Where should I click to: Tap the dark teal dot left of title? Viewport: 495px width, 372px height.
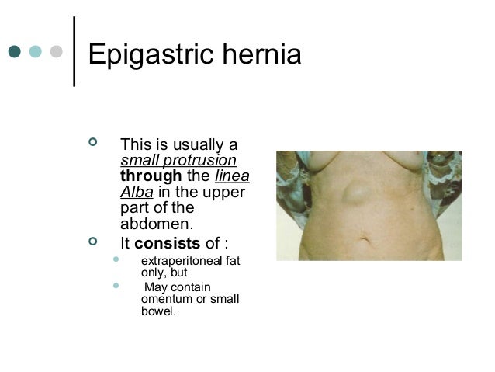15,52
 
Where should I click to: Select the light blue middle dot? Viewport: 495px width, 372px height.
35,52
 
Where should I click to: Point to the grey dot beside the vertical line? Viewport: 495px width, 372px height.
55,52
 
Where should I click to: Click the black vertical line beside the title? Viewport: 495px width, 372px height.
74,51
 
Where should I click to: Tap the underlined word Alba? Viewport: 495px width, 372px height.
137,193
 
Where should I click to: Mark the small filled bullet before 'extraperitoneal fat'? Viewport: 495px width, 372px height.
117,260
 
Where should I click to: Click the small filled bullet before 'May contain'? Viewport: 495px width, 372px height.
117,287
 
